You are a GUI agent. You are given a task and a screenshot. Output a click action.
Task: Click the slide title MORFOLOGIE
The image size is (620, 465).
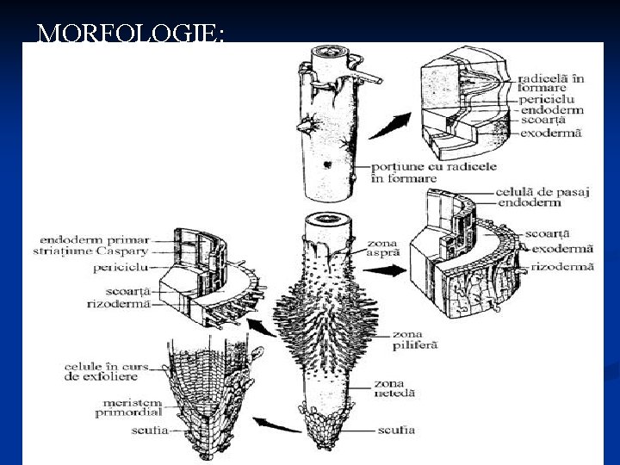(131, 34)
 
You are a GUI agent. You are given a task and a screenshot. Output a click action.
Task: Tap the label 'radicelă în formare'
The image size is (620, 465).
(551, 84)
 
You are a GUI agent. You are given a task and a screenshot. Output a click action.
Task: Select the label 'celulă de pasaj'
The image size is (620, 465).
(542, 191)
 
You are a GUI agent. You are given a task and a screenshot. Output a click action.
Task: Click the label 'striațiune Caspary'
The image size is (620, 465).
(100, 251)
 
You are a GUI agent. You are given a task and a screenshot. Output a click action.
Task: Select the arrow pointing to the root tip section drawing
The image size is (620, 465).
(280, 423)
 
